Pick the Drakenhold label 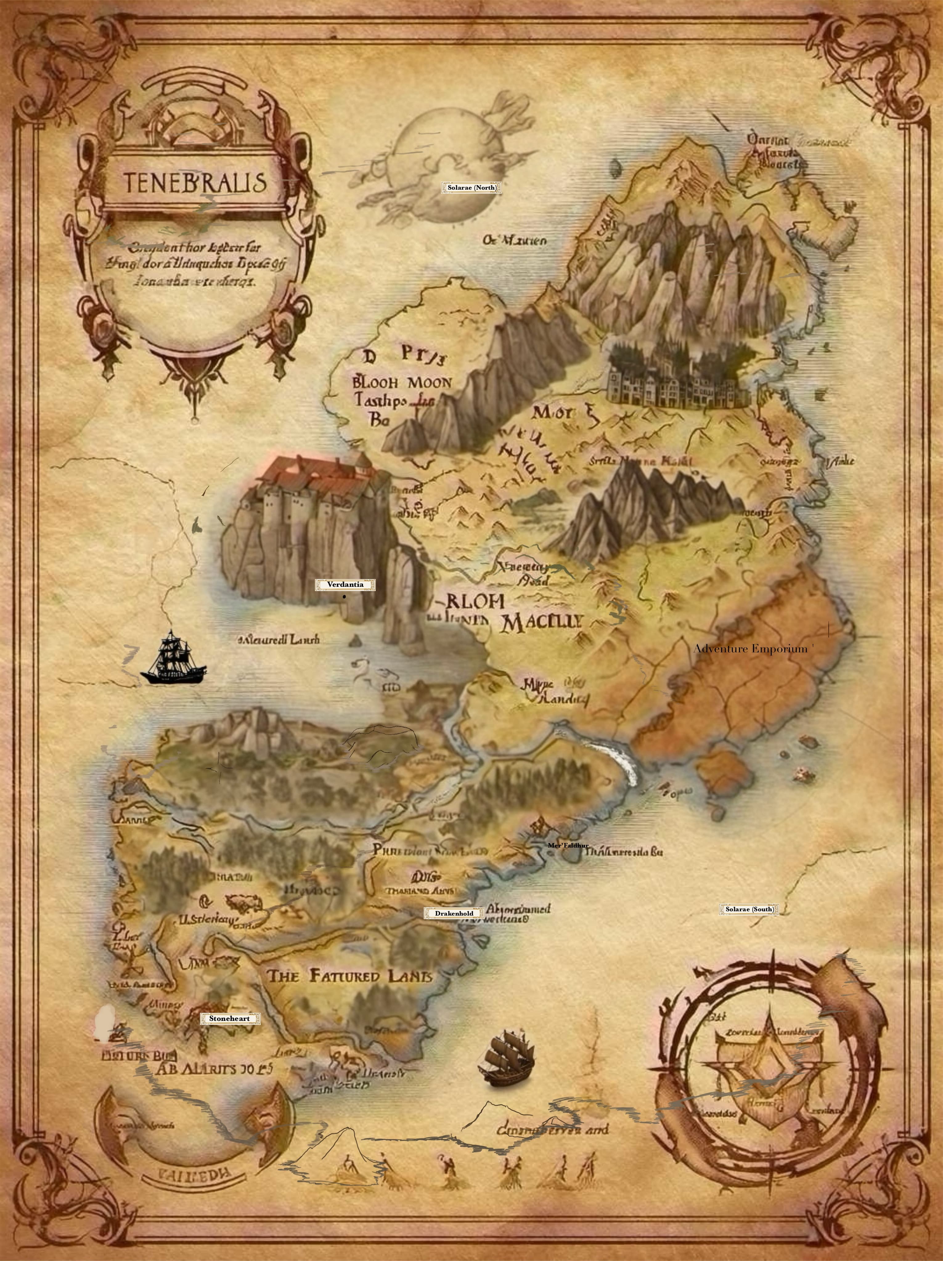pyautogui.click(x=454, y=913)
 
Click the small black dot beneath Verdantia pyautogui.click(x=345, y=597)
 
